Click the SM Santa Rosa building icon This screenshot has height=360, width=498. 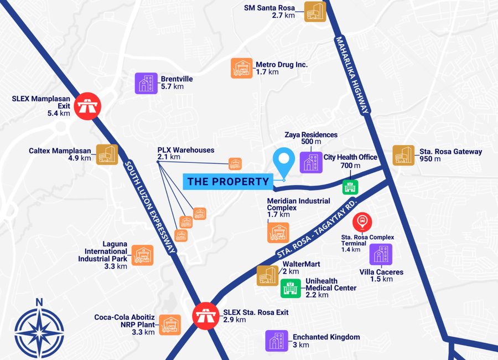coord(315,11)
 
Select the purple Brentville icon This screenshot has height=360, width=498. coord(146,83)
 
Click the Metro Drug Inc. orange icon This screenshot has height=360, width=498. coord(242,68)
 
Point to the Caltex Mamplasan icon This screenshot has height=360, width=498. coord(107,155)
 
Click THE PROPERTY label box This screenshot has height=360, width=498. coord(228,181)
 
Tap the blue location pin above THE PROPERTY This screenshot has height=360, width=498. coord(284,160)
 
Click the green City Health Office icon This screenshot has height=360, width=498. coord(350,187)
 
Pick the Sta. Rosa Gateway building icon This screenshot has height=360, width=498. coord(404,156)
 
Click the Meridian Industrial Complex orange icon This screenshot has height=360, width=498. coord(278,232)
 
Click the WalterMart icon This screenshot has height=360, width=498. coord(268,275)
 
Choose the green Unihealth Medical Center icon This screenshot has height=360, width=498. coord(290,288)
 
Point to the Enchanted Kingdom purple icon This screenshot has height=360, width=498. coord(277,341)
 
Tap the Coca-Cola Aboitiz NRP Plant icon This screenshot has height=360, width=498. coord(170,325)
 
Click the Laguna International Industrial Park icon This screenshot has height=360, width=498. coord(142,255)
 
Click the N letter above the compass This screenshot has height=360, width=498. coord(39,302)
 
